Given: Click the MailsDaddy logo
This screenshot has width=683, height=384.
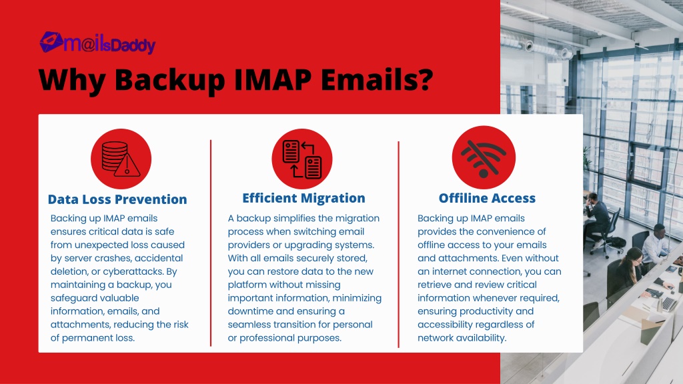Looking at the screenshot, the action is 97,43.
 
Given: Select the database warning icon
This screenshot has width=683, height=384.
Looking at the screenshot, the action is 121,159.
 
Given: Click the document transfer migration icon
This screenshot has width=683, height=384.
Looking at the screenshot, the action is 302,159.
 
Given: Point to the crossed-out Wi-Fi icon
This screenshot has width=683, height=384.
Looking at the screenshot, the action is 484,157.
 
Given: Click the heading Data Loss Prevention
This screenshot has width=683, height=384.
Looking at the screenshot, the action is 117,199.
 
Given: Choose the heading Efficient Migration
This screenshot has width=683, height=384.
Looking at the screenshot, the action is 303,198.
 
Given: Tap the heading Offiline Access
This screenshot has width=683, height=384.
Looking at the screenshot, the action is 487,198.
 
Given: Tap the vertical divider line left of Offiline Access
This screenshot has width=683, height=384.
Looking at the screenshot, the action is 399,244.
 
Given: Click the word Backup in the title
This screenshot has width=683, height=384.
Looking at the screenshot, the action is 170,80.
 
